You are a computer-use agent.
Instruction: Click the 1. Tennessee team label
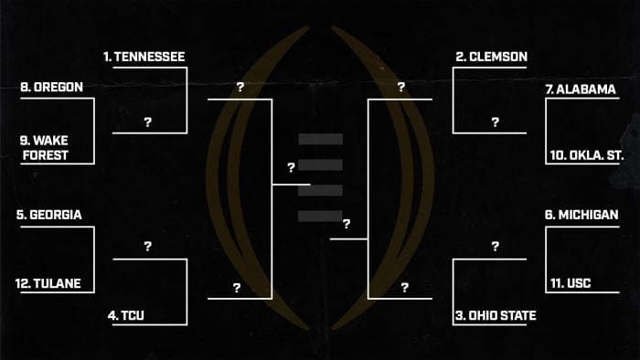click(x=144, y=57)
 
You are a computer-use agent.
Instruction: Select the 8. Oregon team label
click(x=52, y=88)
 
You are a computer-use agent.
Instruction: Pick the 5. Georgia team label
click(x=49, y=216)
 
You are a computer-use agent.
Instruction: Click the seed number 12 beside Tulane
click(x=23, y=283)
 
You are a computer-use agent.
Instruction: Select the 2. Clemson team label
click(x=491, y=57)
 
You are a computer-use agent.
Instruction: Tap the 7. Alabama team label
click(x=580, y=90)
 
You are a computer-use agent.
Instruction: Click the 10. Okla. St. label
click(x=586, y=155)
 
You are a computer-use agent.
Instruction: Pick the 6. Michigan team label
click(x=581, y=215)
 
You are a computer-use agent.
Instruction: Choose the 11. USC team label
click(x=572, y=283)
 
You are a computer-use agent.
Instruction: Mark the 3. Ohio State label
click(x=495, y=316)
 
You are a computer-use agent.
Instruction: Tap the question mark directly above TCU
click(x=147, y=247)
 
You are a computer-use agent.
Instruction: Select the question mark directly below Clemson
click(x=495, y=122)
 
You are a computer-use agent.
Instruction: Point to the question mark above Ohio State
click(x=495, y=247)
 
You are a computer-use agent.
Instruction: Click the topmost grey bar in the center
click(x=320, y=139)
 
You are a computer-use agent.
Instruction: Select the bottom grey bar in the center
click(x=320, y=216)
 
